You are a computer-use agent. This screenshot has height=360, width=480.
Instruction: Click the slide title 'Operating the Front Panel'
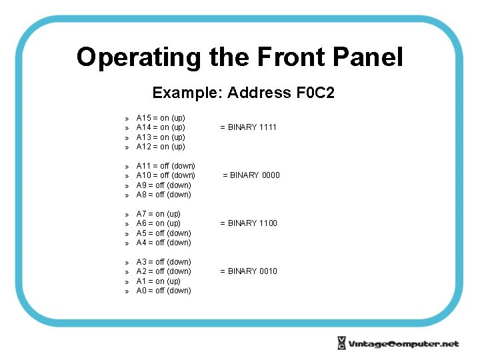pos(239,57)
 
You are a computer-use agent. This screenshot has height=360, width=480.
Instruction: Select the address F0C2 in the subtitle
pos(315,93)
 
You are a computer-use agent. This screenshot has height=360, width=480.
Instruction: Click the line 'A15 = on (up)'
pos(161,118)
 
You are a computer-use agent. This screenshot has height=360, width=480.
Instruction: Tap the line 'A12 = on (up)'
pos(161,147)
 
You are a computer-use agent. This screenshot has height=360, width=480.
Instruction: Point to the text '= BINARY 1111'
pos(248,127)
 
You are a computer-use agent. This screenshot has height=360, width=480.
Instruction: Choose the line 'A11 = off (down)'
pos(165,166)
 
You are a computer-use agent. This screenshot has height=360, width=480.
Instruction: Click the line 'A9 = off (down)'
pos(163,185)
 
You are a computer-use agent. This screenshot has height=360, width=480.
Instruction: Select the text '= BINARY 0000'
pos(251,175)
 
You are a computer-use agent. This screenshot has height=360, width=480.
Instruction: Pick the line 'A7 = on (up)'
pos(158,214)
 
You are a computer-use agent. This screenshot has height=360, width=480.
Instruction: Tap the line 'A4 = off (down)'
pos(163,243)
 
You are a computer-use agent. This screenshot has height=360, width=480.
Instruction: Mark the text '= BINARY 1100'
pos(248,223)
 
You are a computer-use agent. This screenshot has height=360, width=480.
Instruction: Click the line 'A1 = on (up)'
pos(158,281)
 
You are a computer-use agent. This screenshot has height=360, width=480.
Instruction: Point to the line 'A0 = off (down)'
pos(163,291)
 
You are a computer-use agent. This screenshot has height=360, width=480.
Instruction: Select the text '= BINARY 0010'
pos(248,271)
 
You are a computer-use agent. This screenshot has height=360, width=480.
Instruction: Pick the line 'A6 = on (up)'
pos(158,223)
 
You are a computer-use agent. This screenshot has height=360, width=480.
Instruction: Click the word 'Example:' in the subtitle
pos(187,93)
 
